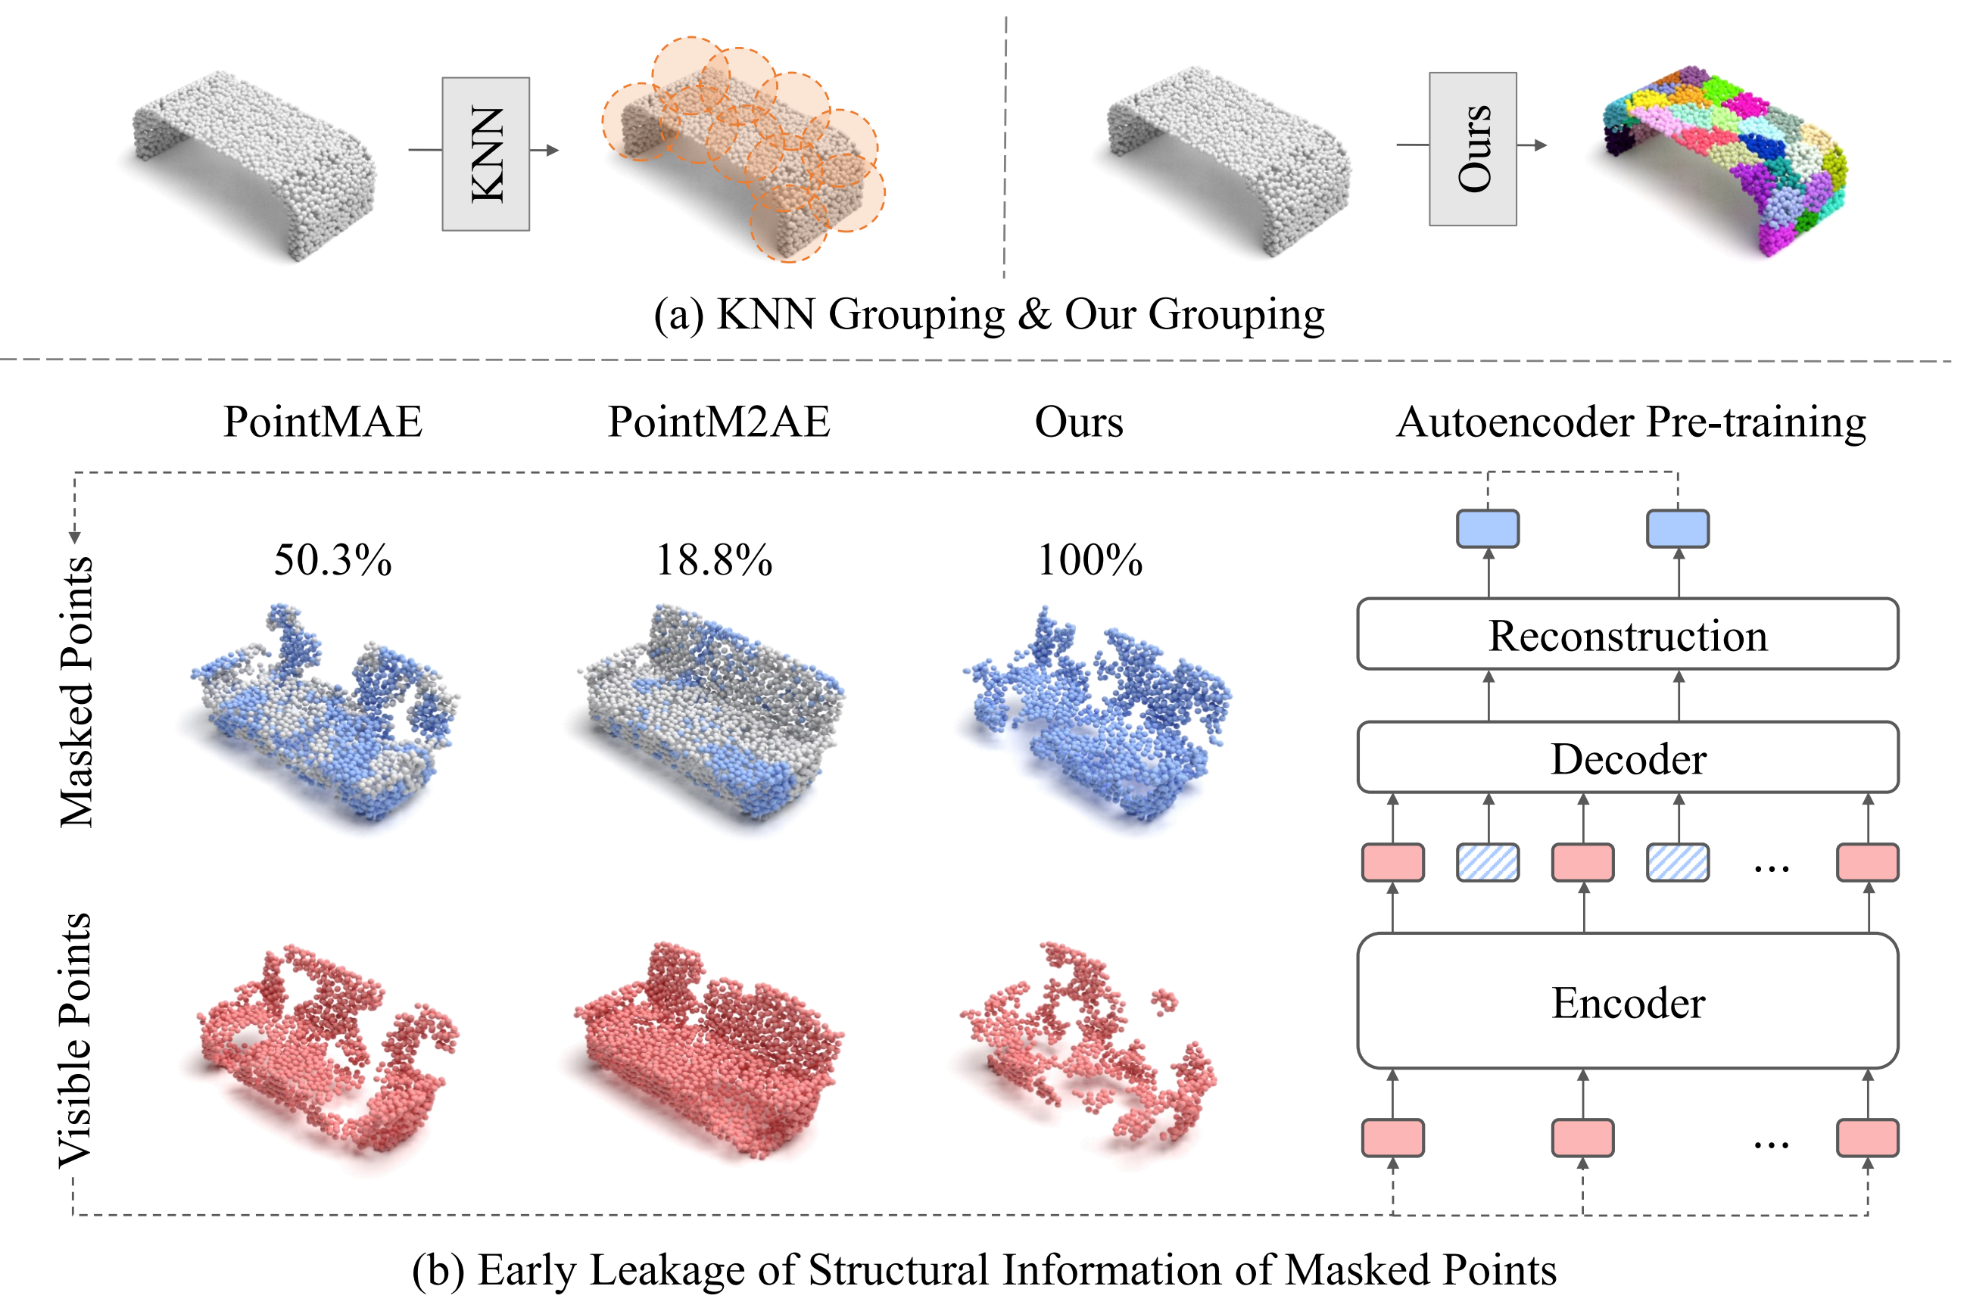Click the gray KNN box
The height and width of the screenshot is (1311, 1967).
coord(485,154)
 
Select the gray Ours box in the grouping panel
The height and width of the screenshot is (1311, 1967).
coord(1472,149)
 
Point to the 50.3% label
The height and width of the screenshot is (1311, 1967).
coord(333,559)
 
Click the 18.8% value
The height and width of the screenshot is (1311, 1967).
coord(713,559)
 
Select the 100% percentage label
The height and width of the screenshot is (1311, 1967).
coord(1089,559)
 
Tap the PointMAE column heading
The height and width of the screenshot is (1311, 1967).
coord(323,422)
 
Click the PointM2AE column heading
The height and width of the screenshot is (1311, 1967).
coord(719,422)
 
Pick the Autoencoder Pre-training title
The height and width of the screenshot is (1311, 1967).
coord(1630,422)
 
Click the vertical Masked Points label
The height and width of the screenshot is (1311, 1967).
coord(77,693)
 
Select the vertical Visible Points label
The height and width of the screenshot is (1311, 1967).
coord(75,1039)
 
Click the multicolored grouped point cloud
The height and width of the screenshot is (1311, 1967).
coord(1722,159)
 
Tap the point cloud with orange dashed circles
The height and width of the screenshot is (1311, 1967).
coord(744,151)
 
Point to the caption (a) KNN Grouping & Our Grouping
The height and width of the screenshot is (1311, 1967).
coord(989,315)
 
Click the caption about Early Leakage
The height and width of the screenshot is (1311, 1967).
coord(983,1269)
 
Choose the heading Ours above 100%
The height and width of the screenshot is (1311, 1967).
coord(1079,422)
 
